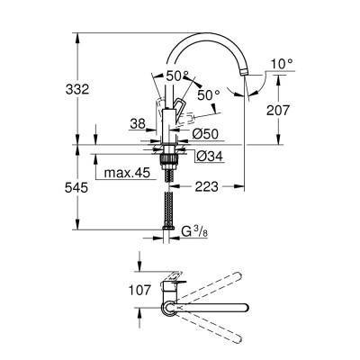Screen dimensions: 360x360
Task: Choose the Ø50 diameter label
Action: tap(206, 134)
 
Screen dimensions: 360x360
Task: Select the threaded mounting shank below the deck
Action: tap(167, 163)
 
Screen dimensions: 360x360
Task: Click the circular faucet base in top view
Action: tap(167, 311)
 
